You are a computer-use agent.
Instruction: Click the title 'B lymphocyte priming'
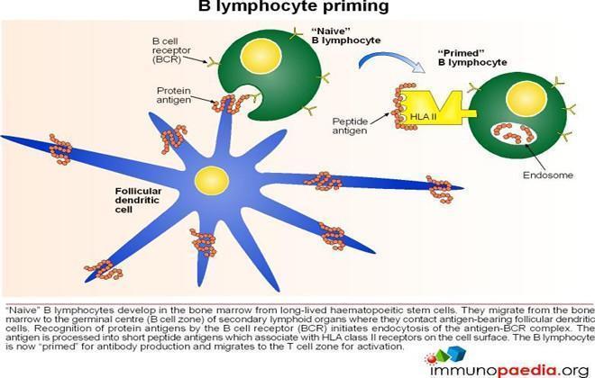293,6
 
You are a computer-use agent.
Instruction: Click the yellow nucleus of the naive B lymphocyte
261,57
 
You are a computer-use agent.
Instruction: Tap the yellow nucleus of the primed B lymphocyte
526,99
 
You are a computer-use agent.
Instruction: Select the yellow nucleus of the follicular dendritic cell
212,181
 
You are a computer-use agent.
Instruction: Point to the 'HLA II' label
423,117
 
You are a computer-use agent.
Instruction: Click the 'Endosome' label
547,175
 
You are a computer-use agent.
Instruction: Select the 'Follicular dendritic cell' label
138,201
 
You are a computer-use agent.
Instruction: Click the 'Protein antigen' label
174,95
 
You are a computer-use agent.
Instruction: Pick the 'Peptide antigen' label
350,126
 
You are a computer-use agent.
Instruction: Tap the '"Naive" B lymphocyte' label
345,36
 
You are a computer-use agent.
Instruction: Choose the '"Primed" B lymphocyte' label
472,58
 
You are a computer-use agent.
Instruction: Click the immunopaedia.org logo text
509,370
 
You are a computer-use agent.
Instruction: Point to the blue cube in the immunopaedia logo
456,353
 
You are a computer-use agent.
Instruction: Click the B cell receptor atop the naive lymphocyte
295,34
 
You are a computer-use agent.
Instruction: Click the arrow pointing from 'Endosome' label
535,157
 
